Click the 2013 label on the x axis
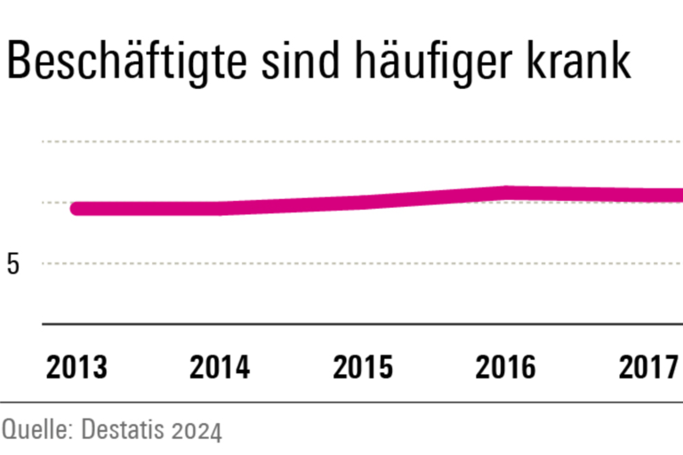click(x=76, y=366)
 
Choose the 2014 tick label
click(x=220, y=366)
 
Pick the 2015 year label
click(x=363, y=366)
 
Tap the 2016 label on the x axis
click(x=506, y=366)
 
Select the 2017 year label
click(x=647, y=366)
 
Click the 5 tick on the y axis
click(x=13, y=265)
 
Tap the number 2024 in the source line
click(x=196, y=432)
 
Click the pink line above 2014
click(x=220, y=209)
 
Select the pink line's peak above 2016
click(x=506, y=192)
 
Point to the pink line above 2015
click(x=363, y=202)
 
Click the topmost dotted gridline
click(x=356, y=140)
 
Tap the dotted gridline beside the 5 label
click(x=356, y=263)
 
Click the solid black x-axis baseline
click(x=356, y=324)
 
